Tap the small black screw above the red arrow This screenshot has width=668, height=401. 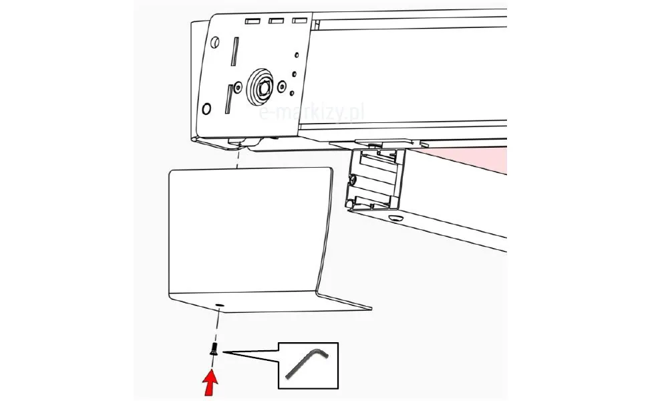[x=214, y=350]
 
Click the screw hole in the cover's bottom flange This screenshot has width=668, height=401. [x=219, y=305]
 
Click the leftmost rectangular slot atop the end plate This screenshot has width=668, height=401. [x=253, y=21]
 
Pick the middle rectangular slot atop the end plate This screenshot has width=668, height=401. [x=276, y=21]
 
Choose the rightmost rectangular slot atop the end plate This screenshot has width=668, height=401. [x=299, y=21]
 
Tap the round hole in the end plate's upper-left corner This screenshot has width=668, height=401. [x=215, y=42]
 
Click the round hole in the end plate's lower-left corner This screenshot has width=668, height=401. [x=206, y=109]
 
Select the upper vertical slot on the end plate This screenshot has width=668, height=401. [x=234, y=51]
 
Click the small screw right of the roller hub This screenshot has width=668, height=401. [x=282, y=88]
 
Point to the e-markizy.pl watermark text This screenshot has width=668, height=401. [x=311, y=113]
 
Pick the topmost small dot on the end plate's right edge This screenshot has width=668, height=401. [x=297, y=55]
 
